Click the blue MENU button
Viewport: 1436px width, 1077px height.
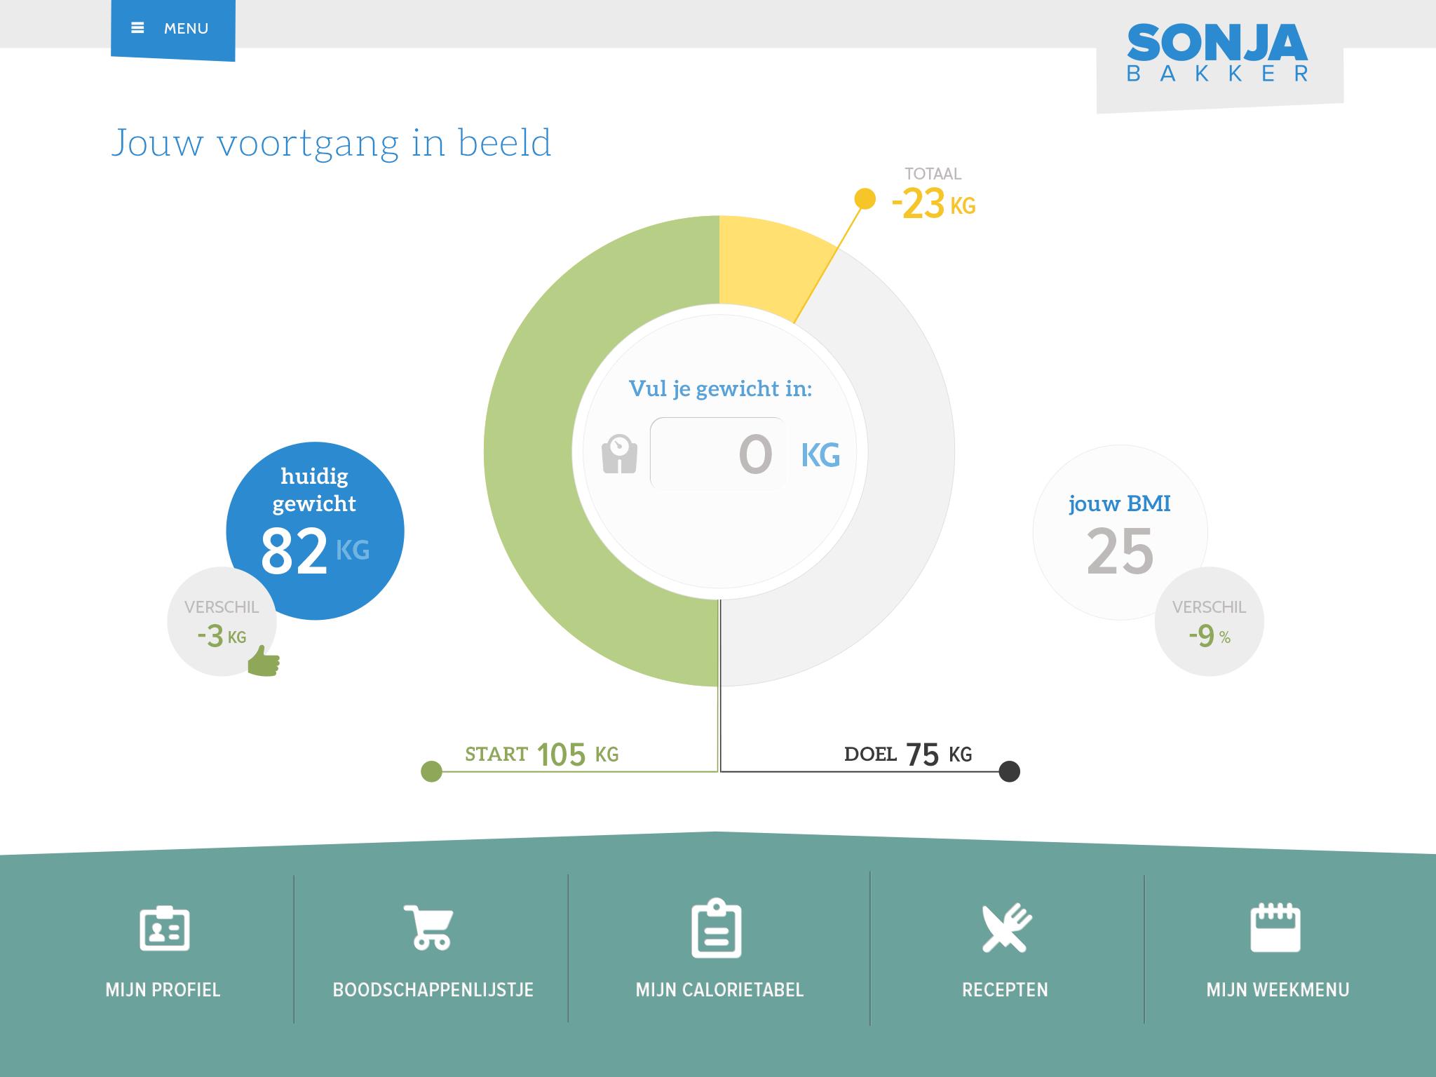[x=172, y=29]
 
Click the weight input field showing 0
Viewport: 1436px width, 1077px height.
[x=718, y=454]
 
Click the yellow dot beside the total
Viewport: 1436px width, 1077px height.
[x=865, y=199]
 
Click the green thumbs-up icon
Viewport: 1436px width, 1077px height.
[x=264, y=661]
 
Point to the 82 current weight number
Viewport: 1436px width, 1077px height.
[x=294, y=552]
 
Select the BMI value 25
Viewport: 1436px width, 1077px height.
[x=1120, y=552]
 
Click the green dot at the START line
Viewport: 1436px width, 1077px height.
[x=431, y=771]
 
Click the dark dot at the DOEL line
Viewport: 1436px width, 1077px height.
[x=1009, y=771]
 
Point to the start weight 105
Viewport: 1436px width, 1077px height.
[x=561, y=755]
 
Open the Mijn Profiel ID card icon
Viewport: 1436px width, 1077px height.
[x=164, y=929]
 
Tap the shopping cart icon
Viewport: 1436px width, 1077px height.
[x=429, y=927]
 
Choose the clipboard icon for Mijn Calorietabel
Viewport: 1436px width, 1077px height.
[x=717, y=928]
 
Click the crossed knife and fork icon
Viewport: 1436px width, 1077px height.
[x=1006, y=928]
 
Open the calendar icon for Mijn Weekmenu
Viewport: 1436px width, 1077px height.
[x=1275, y=928]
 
